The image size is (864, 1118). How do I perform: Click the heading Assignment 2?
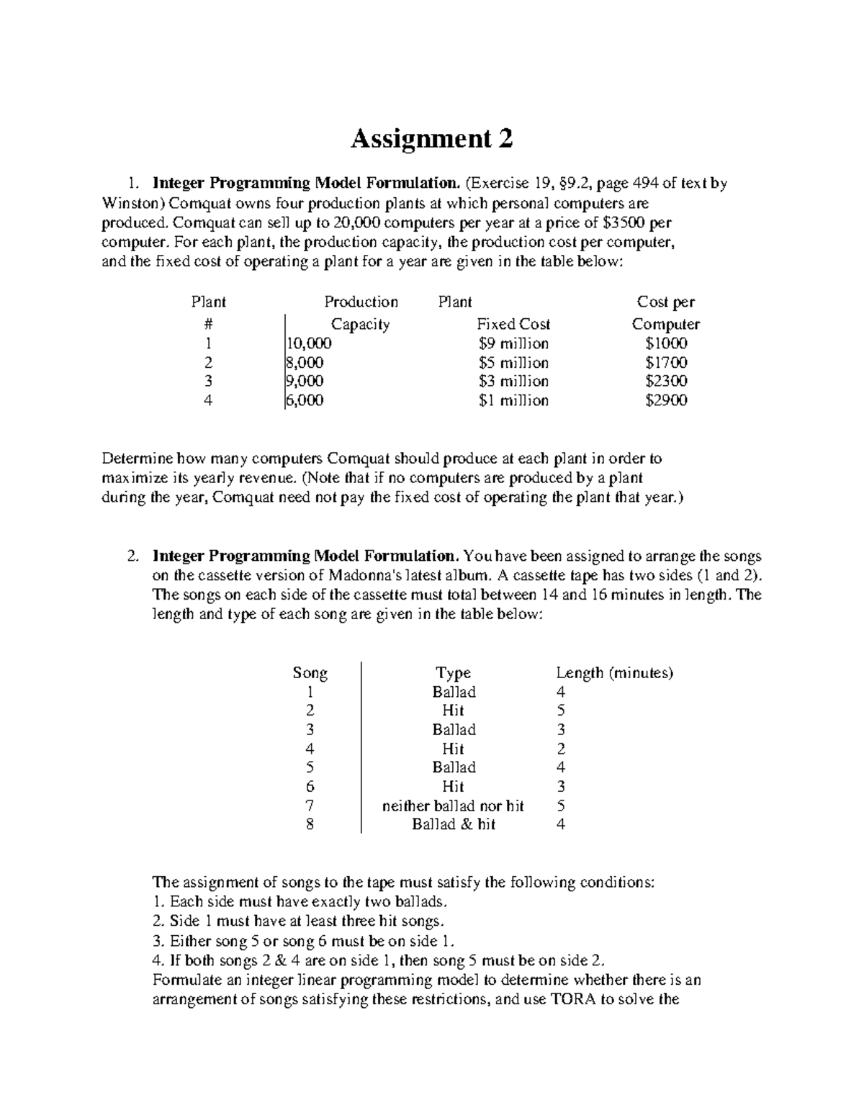[431, 138]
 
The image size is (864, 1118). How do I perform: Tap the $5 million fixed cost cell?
[513, 363]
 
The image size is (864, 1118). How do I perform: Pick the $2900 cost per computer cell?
[666, 400]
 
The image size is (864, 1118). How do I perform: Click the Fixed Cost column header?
[513, 324]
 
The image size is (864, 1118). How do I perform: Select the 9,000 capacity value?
[305, 381]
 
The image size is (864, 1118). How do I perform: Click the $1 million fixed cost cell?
[513, 400]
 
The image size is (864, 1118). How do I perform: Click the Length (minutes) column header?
[614, 673]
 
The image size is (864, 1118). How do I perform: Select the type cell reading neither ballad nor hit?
[453, 806]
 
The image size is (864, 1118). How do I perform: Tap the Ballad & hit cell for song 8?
[454, 824]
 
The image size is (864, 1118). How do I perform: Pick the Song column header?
[310, 673]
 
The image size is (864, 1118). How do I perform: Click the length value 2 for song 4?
[561, 749]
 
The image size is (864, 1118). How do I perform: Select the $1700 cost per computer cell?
[666, 363]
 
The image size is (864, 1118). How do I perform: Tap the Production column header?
[361, 302]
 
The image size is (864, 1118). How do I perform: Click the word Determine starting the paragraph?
[137, 459]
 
